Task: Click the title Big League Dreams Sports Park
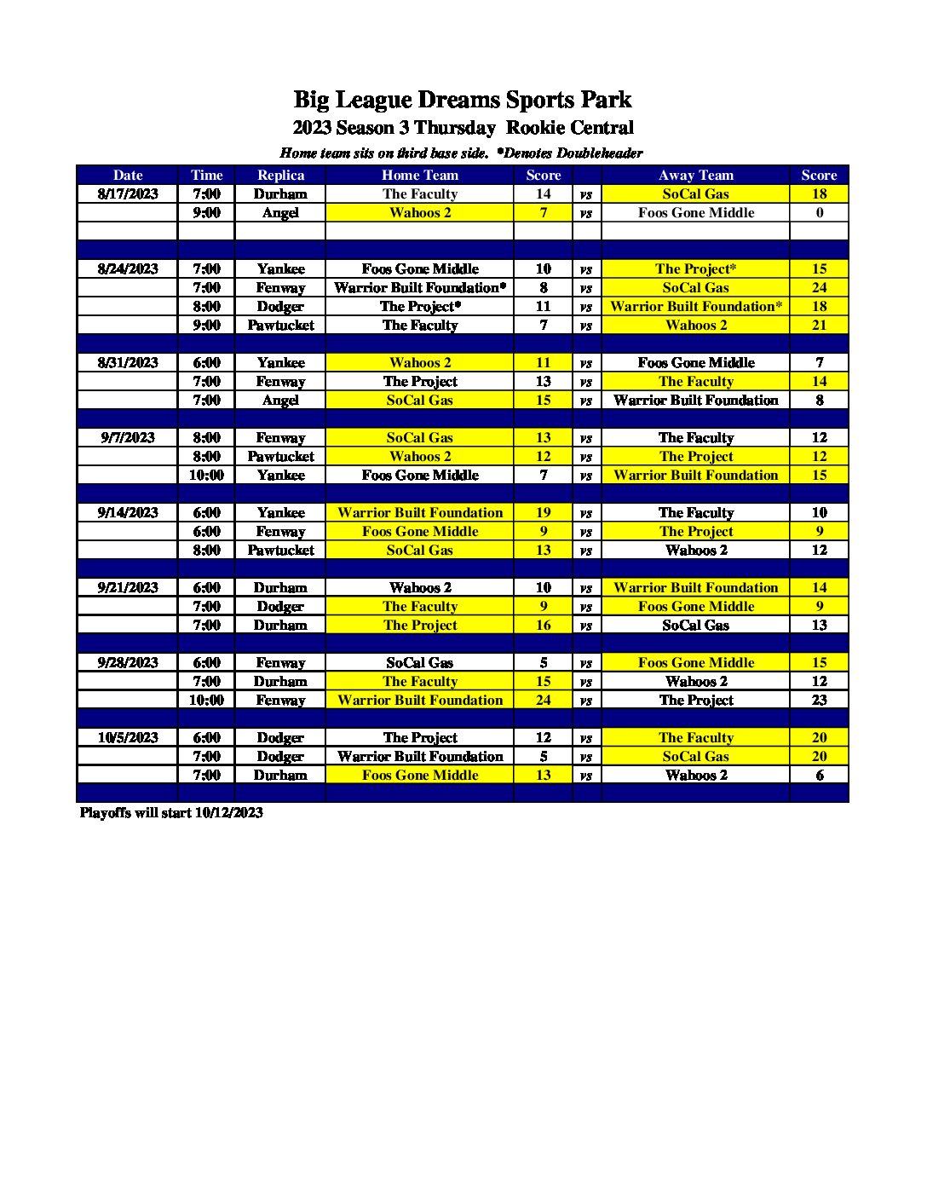463,100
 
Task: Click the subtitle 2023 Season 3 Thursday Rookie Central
463,128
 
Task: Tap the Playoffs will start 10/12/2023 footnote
171,812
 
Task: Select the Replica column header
280,175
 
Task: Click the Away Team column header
695,175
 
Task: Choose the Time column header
206,175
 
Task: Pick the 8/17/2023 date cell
128,193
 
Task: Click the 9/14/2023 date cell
128,512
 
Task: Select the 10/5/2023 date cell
128,737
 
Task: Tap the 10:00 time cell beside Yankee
206,475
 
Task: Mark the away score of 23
819,700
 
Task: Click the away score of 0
819,212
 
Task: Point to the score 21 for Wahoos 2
819,325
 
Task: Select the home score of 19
544,512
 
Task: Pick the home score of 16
544,625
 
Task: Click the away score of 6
819,775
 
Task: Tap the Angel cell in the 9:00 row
280,212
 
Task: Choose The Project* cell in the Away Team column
695,268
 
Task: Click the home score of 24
544,700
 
